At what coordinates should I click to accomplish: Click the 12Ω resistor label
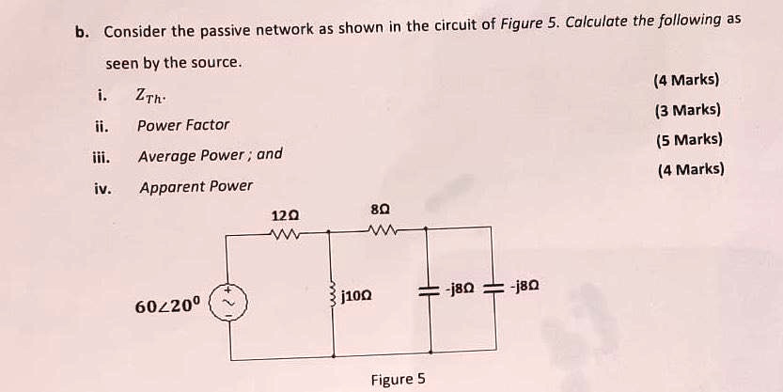point(285,216)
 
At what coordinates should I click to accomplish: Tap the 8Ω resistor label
point(382,211)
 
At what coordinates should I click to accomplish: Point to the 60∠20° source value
point(168,306)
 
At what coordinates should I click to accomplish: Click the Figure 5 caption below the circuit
point(398,379)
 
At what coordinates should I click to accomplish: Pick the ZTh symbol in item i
point(151,95)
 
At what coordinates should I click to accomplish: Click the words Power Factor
point(183,124)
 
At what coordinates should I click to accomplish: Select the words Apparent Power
point(196,186)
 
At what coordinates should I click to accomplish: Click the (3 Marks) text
point(688,110)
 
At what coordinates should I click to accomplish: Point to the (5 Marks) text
point(689,140)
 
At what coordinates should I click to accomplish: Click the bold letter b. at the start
point(83,31)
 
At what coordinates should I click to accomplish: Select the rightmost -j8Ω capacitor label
point(525,286)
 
